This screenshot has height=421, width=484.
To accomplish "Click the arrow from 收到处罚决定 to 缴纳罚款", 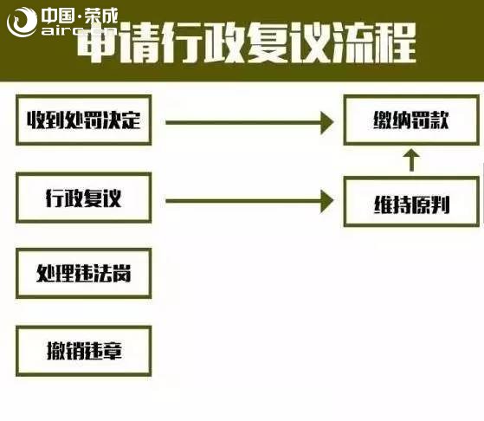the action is [x=249, y=123].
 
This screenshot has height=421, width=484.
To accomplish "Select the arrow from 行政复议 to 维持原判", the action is [x=249, y=201].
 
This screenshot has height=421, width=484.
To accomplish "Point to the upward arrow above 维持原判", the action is [x=411, y=160].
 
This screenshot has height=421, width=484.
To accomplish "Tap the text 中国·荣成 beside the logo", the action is [x=80, y=16].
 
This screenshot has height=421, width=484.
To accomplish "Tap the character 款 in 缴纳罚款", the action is [x=439, y=120].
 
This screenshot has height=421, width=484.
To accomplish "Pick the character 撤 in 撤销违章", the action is [x=56, y=351].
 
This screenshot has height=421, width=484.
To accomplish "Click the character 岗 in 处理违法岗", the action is [x=121, y=274].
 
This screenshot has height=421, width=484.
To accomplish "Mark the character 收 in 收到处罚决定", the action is [x=35, y=120].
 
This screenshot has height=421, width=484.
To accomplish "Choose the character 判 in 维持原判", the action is [x=440, y=204].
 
